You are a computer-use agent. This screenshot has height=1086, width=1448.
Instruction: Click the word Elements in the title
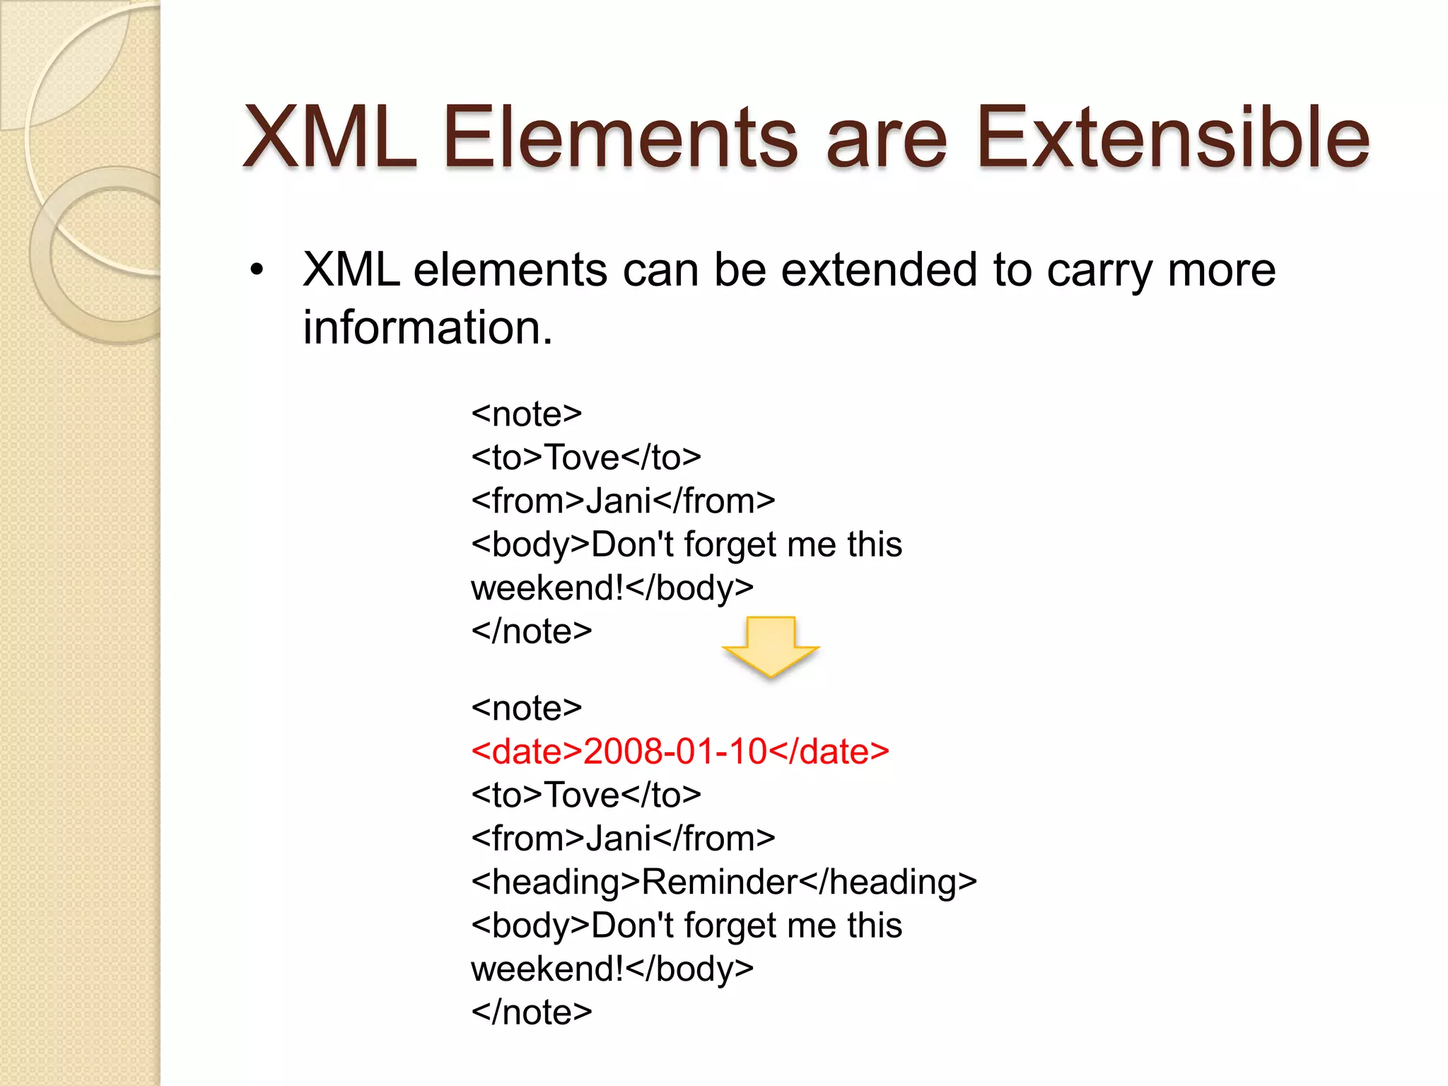(x=621, y=138)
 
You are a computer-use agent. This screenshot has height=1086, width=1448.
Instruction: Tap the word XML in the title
(x=329, y=138)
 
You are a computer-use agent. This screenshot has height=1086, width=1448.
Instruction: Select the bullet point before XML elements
(x=257, y=270)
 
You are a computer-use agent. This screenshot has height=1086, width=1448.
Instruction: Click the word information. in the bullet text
(x=427, y=328)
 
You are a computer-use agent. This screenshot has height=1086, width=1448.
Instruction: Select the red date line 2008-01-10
(x=679, y=751)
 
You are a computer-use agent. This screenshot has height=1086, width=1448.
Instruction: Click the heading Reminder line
(x=723, y=882)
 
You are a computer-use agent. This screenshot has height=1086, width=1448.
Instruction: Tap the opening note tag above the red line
(x=526, y=708)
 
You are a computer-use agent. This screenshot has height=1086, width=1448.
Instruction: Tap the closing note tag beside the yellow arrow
(x=531, y=631)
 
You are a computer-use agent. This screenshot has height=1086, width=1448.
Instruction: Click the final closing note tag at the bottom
(x=531, y=1012)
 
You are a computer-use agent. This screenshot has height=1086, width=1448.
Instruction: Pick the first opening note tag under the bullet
(x=526, y=414)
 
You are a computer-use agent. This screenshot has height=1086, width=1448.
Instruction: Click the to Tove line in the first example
(x=585, y=457)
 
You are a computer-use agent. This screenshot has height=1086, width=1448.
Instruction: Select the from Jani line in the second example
(x=622, y=839)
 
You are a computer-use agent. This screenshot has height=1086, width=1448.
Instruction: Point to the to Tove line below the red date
(x=585, y=795)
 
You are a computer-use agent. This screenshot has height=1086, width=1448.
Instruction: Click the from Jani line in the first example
(x=622, y=501)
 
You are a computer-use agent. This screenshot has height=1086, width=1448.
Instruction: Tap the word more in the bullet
(x=1222, y=270)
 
